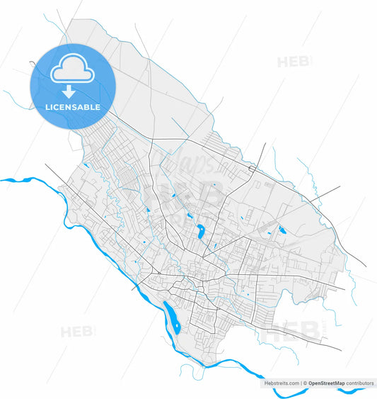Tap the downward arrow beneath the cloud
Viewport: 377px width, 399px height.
[x=69, y=91]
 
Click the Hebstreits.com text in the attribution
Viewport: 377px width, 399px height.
[x=282, y=383]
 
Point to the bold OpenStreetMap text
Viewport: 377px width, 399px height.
[x=327, y=383]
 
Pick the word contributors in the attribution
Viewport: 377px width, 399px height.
[x=359, y=383]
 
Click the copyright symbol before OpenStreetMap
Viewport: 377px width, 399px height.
[x=305, y=383]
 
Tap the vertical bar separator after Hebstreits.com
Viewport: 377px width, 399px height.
[x=301, y=383]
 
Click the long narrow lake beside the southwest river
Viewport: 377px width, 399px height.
[x=171, y=317]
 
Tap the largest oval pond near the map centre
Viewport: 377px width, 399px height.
[x=201, y=230]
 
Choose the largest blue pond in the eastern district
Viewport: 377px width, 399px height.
[x=282, y=230]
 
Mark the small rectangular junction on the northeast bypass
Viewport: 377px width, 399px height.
[x=253, y=169]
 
